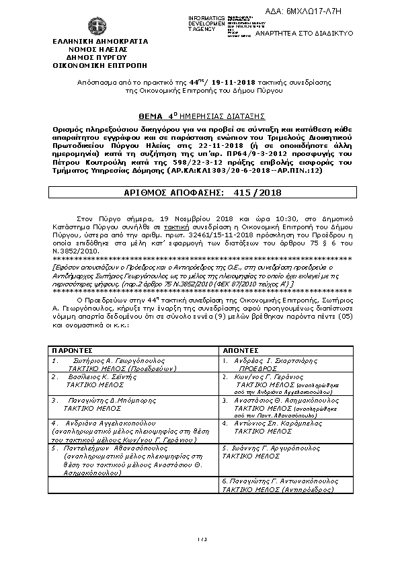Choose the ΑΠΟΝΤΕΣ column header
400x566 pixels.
(240, 350)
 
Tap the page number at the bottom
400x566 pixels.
(200, 538)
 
